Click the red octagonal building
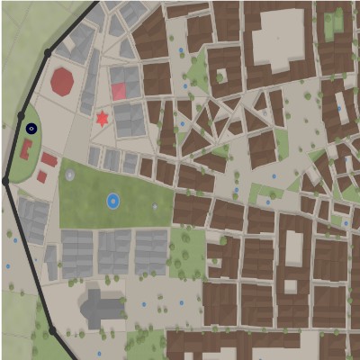point(62,82)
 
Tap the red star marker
point(102,118)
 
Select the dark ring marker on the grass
point(31,129)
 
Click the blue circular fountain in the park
point(112,201)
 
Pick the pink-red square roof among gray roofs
point(119,91)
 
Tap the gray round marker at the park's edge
point(70,175)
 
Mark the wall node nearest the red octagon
point(48,53)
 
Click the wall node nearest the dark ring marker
point(21,115)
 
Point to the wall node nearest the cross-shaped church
point(52,331)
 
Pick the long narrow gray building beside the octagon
point(91,81)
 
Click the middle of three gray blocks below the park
point(114,251)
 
